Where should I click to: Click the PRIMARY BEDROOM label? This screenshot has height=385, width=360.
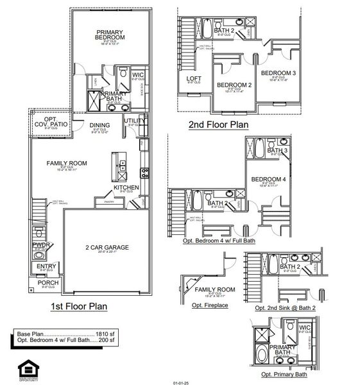110,35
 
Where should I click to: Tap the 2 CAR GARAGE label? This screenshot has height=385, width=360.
108,247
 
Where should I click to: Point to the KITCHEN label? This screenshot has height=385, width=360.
126,187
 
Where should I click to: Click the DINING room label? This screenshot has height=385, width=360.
100,125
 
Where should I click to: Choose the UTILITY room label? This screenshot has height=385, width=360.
134,120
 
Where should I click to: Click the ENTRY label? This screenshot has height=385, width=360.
46,266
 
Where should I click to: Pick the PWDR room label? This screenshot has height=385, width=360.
40,244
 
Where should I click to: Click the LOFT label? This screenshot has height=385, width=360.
194,79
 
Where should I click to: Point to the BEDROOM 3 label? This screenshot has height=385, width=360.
278,73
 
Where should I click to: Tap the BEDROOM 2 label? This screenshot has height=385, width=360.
234,85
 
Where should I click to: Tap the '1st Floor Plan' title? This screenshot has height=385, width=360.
79,307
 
